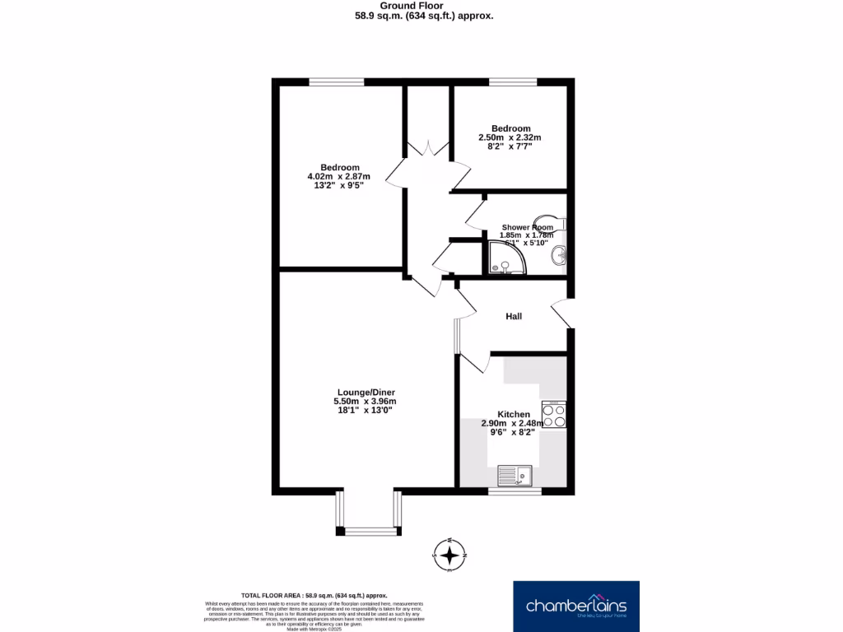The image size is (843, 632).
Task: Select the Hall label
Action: pyautogui.click(x=514, y=316)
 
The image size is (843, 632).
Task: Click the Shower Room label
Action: pyautogui.click(x=528, y=227)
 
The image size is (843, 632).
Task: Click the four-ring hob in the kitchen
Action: pyautogui.click(x=553, y=414)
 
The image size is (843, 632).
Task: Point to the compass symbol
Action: pyautogui.click(x=449, y=556)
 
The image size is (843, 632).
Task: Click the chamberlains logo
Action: pyautogui.click(x=575, y=606)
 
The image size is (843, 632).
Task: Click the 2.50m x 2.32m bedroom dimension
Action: pyautogui.click(x=510, y=137)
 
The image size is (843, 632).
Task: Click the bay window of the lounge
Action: pyautogui.click(x=369, y=528)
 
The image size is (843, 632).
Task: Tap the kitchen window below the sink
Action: pyautogui.click(x=515, y=491)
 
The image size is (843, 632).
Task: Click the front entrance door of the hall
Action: pyautogui.click(x=561, y=313)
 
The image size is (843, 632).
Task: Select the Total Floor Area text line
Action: pyautogui.click(x=314, y=595)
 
